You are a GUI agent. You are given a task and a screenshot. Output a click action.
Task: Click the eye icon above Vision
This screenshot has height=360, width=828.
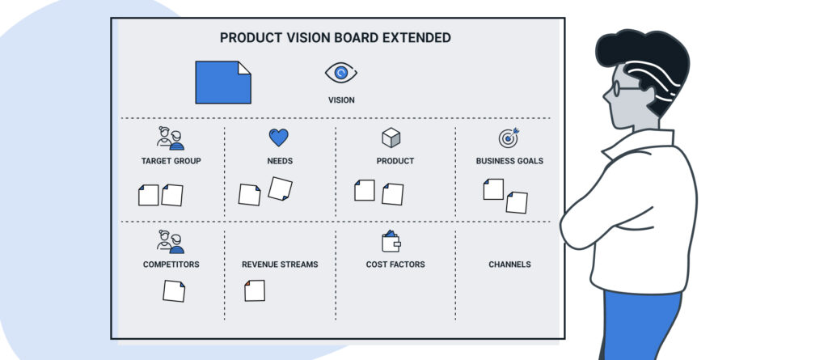(x=341, y=73)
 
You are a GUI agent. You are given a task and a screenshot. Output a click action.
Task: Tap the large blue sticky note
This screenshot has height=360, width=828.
(x=223, y=83)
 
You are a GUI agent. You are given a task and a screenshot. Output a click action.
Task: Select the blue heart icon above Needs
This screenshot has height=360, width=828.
(x=279, y=138)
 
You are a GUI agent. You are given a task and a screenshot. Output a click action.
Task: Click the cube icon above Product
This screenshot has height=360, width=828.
(x=391, y=138)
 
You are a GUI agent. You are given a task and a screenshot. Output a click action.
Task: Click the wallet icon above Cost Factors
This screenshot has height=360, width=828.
(x=391, y=241)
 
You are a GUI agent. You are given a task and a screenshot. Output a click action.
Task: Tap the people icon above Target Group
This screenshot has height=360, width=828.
(x=171, y=138)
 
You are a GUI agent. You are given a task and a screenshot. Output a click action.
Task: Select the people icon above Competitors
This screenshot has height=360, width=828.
(x=171, y=242)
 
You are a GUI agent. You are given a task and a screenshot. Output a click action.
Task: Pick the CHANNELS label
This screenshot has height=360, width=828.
(x=509, y=265)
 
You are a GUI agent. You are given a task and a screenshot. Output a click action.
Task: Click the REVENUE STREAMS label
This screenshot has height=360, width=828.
(x=280, y=265)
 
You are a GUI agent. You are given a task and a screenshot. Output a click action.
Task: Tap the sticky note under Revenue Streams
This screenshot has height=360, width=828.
(x=255, y=290)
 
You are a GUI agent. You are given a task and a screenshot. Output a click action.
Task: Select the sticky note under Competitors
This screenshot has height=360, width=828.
(x=174, y=291)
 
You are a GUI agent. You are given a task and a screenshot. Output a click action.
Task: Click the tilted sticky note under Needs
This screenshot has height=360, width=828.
(x=280, y=188)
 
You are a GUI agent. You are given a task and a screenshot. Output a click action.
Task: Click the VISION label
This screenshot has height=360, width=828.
(x=341, y=100)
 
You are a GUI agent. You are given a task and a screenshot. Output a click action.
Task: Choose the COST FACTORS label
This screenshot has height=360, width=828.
(x=395, y=265)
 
